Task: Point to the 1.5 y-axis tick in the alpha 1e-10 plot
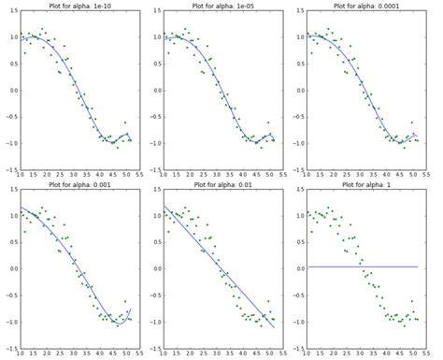pos(11,12)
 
